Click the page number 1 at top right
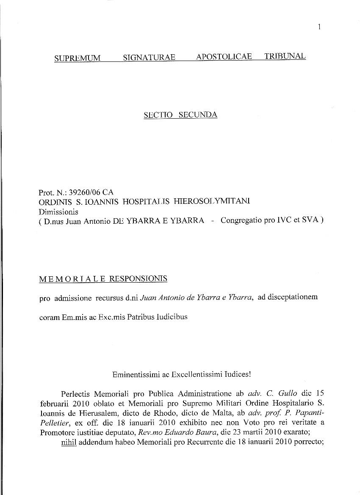click(319, 27)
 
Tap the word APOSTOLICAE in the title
click(224, 57)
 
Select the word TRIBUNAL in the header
click(285, 56)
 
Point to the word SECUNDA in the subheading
click(198, 115)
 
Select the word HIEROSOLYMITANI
click(212, 201)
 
